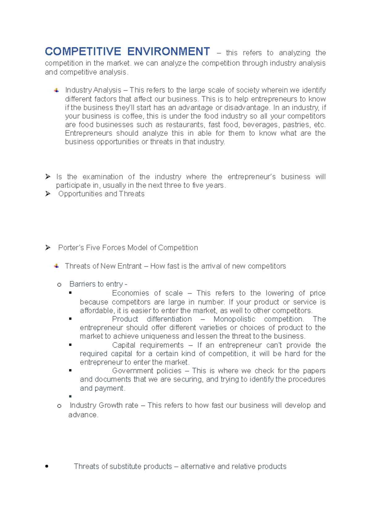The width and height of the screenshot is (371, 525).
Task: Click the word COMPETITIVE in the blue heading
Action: pyautogui.click(x=83, y=52)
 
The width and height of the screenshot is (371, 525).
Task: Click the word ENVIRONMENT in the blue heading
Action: pyautogui.click(x=168, y=52)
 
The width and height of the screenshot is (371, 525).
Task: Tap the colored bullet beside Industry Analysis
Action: pyautogui.click(x=56, y=90)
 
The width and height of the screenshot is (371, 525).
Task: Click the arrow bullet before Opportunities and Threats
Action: pyautogui.click(x=48, y=194)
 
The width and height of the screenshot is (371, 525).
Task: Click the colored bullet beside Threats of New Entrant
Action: pyautogui.click(x=56, y=266)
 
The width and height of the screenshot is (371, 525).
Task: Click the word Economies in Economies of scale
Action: pyautogui.click(x=130, y=293)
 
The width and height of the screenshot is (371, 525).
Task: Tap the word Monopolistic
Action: pyautogui.click(x=234, y=319)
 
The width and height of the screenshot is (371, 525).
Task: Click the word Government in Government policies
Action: pyautogui.click(x=131, y=371)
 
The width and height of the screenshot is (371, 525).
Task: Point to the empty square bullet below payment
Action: pyautogui.click(x=70, y=396)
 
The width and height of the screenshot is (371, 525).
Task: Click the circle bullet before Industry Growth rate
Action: pyautogui.click(x=59, y=406)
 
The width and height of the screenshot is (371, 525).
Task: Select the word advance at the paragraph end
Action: pyautogui.click(x=83, y=415)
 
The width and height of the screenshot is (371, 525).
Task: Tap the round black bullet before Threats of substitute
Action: pyautogui.click(x=47, y=466)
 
